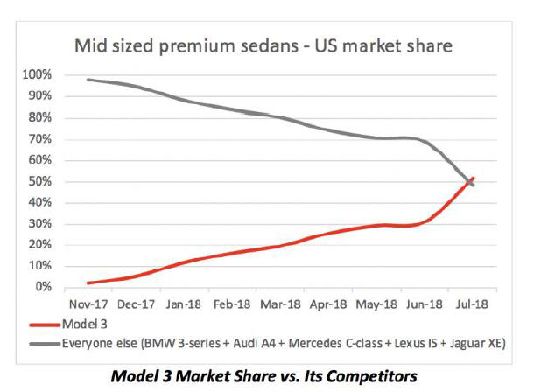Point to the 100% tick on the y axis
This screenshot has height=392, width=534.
point(37,75)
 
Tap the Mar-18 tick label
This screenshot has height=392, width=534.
point(277,305)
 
